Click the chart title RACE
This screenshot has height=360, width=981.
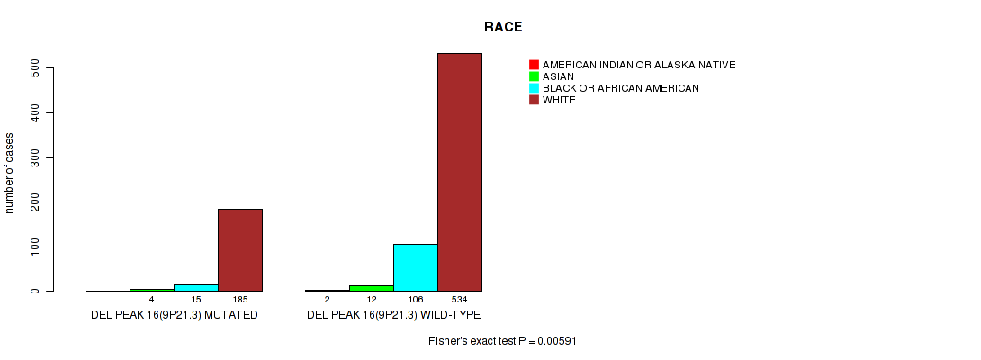tap(503, 27)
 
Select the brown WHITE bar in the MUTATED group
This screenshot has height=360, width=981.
tap(240, 250)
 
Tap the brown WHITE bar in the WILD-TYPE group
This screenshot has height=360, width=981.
tap(460, 172)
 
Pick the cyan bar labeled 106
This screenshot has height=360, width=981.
tap(416, 267)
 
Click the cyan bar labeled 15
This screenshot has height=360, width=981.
tap(196, 288)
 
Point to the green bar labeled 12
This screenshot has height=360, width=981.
tap(372, 288)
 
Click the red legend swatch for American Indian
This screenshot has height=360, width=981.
tap(534, 65)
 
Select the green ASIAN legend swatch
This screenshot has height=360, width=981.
tap(534, 76)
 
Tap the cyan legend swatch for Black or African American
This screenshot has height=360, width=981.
tap(534, 88)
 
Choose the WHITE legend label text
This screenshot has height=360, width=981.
tap(559, 100)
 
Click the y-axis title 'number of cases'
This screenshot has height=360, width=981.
tap(9, 174)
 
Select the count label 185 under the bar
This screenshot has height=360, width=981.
tap(240, 300)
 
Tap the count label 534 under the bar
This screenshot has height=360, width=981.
tap(460, 300)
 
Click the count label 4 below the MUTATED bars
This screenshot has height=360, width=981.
tap(152, 300)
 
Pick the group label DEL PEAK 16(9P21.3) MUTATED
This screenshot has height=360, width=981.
tap(175, 315)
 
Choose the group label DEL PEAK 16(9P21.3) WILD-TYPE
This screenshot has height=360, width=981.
tap(393, 315)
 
